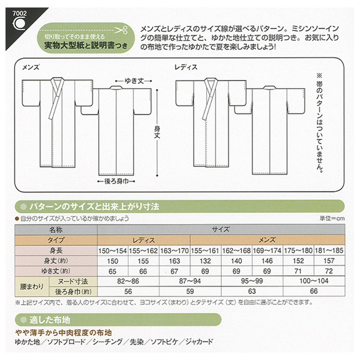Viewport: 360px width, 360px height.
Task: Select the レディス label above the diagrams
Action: point(186,66)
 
